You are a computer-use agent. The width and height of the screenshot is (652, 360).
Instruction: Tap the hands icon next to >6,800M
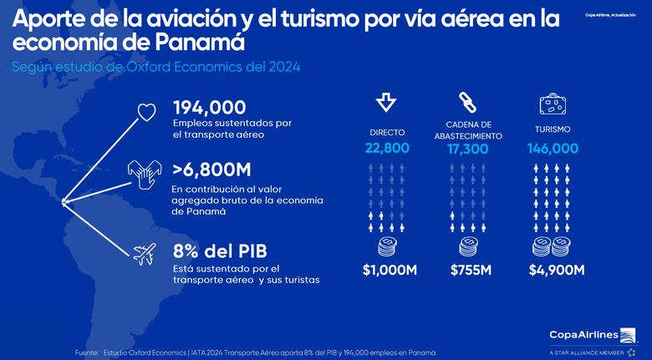click(145, 175)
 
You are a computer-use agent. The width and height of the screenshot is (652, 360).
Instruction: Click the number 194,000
click(209, 107)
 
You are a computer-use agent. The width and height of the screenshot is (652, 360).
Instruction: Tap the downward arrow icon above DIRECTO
click(386, 102)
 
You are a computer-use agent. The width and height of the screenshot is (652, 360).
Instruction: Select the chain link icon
click(467, 102)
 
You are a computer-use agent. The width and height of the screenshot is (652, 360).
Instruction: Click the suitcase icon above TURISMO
click(553, 104)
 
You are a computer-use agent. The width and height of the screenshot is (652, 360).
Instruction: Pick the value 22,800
click(386, 148)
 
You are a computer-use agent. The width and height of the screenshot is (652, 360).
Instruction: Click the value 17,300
click(468, 148)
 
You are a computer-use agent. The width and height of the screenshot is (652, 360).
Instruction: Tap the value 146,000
click(553, 148)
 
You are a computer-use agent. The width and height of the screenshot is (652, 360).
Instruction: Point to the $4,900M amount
click(556, 270)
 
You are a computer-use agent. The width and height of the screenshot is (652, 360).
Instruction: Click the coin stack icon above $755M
click(468, 246)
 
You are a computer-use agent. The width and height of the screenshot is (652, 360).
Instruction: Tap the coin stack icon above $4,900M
click(553, 246)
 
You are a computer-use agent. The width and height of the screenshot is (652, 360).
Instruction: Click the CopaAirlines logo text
click(584, 335)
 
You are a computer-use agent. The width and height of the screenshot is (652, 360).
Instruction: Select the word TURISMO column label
click(553, 129)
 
